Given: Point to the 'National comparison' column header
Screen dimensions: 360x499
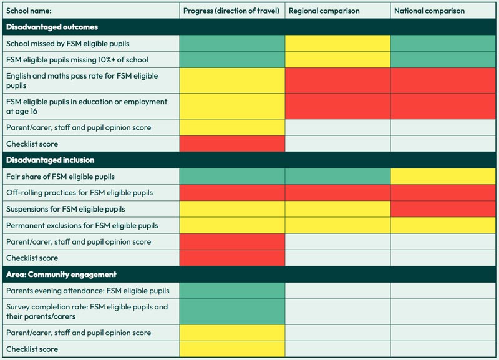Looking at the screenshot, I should click(429, 11).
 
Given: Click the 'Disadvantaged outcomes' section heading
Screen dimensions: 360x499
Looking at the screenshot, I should click(52, 27).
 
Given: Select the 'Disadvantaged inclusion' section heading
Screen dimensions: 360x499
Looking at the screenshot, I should click(50, 160).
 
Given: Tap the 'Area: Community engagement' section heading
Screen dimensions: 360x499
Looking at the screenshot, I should click(61, 275).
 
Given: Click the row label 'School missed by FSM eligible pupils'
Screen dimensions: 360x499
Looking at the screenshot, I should click(67, 44).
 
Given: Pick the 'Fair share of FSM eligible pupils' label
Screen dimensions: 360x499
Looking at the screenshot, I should click(61, 177).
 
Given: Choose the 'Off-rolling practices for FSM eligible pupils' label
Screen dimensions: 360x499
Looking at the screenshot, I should click(79, 193).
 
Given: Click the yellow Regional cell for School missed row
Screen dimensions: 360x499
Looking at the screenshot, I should click(337, 44).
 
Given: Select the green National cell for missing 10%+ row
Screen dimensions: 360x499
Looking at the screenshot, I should click(443, 60).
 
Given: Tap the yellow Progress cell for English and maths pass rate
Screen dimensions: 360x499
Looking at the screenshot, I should click(232, 80).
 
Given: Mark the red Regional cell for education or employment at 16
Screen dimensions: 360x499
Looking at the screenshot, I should click(337, 107).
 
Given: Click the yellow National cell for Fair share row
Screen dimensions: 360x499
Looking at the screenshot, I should click(443, 177).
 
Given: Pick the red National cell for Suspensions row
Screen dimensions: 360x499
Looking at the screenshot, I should click(443, 209).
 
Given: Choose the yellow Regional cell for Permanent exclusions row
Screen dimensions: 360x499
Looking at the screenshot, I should click(337, 225).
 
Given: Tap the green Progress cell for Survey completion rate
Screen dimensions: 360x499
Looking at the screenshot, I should click(232, 311).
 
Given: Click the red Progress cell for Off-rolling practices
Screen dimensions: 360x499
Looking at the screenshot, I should click(232, 193).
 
